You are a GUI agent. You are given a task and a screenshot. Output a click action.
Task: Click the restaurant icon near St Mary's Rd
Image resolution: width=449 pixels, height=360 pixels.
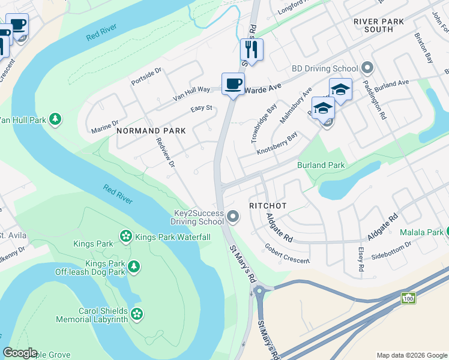(252, 50)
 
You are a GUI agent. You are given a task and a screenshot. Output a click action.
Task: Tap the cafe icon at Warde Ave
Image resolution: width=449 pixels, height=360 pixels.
(233, 83)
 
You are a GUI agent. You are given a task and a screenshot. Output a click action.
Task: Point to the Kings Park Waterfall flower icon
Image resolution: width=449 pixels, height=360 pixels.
(126, 237)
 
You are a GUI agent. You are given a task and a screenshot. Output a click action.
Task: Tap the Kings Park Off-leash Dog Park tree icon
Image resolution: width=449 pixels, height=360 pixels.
(134, 266)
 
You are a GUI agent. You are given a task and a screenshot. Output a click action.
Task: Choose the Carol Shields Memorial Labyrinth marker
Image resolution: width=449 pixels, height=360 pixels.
(137, 313)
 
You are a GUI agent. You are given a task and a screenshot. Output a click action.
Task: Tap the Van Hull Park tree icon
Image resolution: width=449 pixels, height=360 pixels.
(55, 119)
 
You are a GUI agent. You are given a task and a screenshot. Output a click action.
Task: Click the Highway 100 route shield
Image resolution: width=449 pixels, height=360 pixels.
(409, 298)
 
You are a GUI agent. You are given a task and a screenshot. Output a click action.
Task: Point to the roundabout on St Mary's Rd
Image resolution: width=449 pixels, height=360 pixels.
(259, 292)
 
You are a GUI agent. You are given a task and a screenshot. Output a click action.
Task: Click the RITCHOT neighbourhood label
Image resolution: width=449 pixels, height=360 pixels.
(268, 206)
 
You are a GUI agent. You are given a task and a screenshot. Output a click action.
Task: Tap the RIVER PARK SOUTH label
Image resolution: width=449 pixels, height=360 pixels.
(382, 25)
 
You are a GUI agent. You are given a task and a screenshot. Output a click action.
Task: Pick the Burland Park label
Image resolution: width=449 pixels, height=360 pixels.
(321, 165)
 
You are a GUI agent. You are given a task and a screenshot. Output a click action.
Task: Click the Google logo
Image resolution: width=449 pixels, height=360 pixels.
(20, 353)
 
